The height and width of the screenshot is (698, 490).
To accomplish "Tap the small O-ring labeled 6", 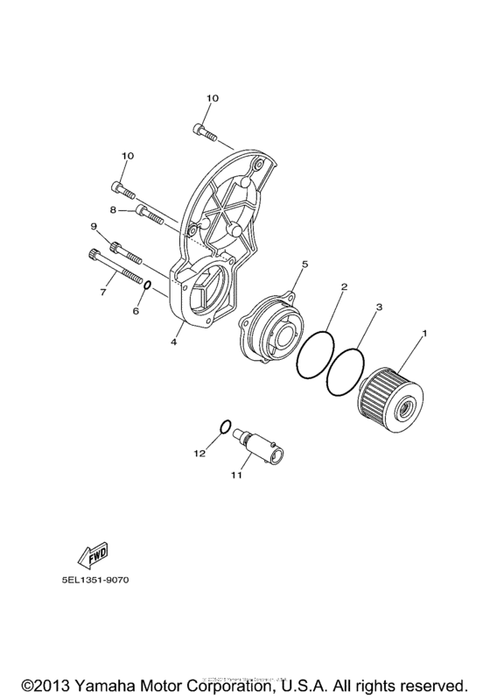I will click(x=150, y=286).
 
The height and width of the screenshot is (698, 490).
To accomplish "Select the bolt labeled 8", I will click(x=150, y=213).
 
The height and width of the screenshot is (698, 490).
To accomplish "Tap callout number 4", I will click(x=174, y=342).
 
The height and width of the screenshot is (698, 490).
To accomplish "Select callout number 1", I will click(x=426, y=333).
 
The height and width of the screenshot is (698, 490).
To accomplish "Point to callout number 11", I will click(x=235, y=476).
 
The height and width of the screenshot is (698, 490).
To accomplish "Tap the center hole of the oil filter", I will click(x=408, y=407).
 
